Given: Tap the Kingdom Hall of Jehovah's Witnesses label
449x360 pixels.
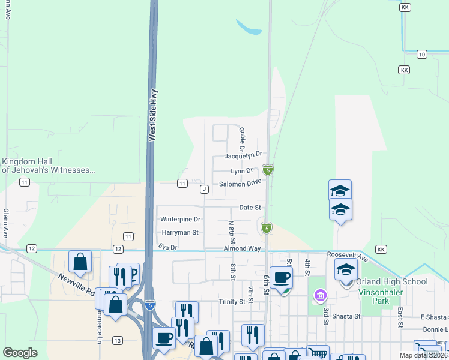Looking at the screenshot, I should (48, 166).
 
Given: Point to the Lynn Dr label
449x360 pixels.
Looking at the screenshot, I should (242, 171).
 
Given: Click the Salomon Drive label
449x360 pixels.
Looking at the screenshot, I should (240, 183).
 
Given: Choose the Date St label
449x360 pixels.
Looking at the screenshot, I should (250, 207).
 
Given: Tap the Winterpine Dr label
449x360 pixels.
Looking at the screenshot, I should (180, 220).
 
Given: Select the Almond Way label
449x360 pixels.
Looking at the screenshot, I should (242, 248).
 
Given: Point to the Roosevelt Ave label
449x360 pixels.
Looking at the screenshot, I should (346, 254).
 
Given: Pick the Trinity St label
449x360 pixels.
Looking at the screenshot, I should (232, 301).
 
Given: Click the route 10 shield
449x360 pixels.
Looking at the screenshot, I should (422, 55).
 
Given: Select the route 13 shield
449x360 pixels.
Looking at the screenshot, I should (117, 340).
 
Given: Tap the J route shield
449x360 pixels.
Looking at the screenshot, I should (205, 189).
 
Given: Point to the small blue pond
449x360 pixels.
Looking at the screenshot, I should (249, 28).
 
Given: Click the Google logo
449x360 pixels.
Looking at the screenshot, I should (20, 353).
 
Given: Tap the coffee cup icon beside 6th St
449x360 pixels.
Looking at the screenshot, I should (280, 277).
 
